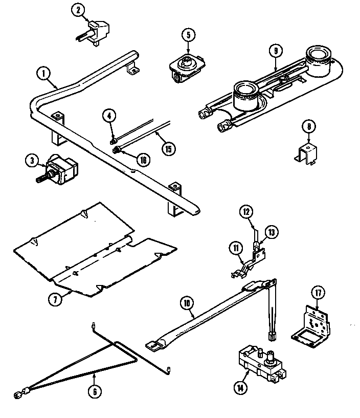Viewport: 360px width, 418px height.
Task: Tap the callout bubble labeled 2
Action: click(x=78, y=11)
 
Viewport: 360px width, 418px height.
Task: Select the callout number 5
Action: click(x=188, y=35)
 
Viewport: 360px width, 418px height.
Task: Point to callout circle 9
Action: click(x=275, y=51)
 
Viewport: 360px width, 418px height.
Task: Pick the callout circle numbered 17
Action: click(x=318, y=293)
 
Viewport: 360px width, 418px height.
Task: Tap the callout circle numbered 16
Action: click(x=144, y=160)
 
